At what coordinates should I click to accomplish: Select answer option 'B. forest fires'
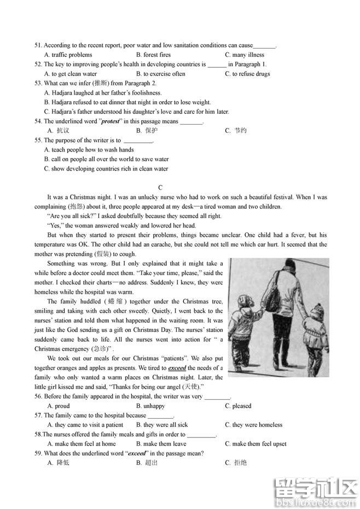[153, 55]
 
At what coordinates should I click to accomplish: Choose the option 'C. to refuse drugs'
[247, 74]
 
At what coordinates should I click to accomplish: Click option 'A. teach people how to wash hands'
[89, 150]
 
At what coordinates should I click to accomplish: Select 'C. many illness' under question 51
[245, 55]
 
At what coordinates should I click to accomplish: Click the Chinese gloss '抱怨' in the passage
[74, 207]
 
